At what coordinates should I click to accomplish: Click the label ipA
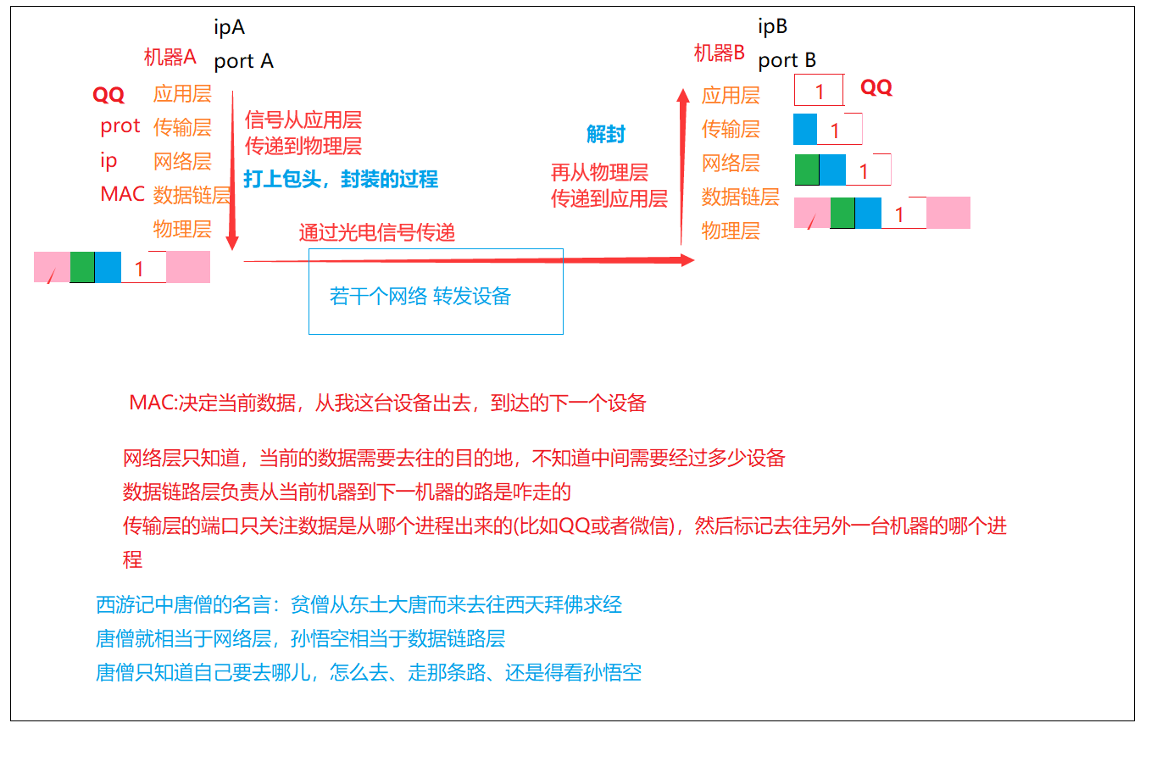point(229,28)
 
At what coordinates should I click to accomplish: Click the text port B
point(787,60)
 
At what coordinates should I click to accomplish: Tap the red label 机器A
point(170,58)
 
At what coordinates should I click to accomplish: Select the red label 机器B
point(719,53)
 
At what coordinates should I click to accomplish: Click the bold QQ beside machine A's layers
point(108,95)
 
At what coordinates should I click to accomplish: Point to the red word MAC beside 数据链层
point(122,194)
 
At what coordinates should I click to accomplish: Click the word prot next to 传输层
point(120,126)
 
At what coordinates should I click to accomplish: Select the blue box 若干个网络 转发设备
point(436,292)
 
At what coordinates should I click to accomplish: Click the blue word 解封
point(605,134)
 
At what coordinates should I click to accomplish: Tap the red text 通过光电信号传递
point(376,232)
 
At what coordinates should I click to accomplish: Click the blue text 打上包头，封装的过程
point(341,179)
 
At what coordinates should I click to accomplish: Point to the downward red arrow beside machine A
point(232,170)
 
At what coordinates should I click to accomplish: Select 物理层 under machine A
point(182,229)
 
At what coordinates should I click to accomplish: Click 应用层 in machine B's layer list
point(731,95)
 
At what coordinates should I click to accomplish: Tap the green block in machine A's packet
point(82,267)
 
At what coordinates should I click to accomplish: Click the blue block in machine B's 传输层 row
point(805,129)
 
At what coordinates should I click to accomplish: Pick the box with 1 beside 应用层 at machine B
point(819,91)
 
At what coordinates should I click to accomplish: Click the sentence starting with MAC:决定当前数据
point(387,403)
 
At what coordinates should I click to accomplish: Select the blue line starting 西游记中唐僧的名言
point(359,604)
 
